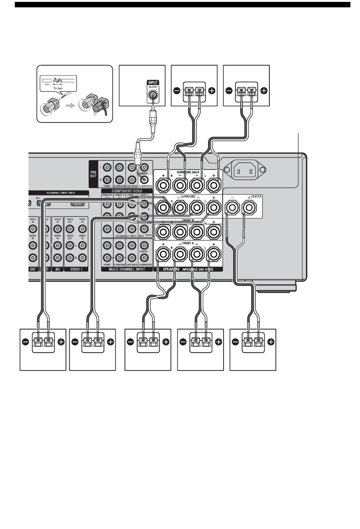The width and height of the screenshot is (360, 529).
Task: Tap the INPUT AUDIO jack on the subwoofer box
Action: pyautogui.click(x=153, y=96)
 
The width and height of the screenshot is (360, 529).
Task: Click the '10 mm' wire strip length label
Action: pyautogui.click(x=58, y=87)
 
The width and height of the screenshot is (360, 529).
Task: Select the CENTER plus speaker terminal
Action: pyautogui.click(x=249, y=208)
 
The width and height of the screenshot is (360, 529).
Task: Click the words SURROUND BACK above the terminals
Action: pyautogui.click(x=188, y=173)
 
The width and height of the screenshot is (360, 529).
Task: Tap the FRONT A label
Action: pyautogui.click(x=188, y=243)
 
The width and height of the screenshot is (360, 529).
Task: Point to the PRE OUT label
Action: pyautogui.click(x=93, y=174)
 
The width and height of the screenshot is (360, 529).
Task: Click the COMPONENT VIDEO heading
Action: pyautogui.click(x=127, y=191)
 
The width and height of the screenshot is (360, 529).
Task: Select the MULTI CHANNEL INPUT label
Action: pyautogui.click(x=127, y=269)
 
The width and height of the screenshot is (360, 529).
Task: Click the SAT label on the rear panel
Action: pyautogui.click(x=33, y=269)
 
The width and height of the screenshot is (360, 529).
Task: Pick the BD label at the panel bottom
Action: pyautogui.click(x=58, y=269)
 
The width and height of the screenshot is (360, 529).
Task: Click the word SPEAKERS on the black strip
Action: pyautogui.click(x=171, y=269)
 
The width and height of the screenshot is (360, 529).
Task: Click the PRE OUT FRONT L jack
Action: pyautogui.click(x=107, y=167)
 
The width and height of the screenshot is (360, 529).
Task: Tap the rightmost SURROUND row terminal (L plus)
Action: pyautogui.click(x=214, y=207)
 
